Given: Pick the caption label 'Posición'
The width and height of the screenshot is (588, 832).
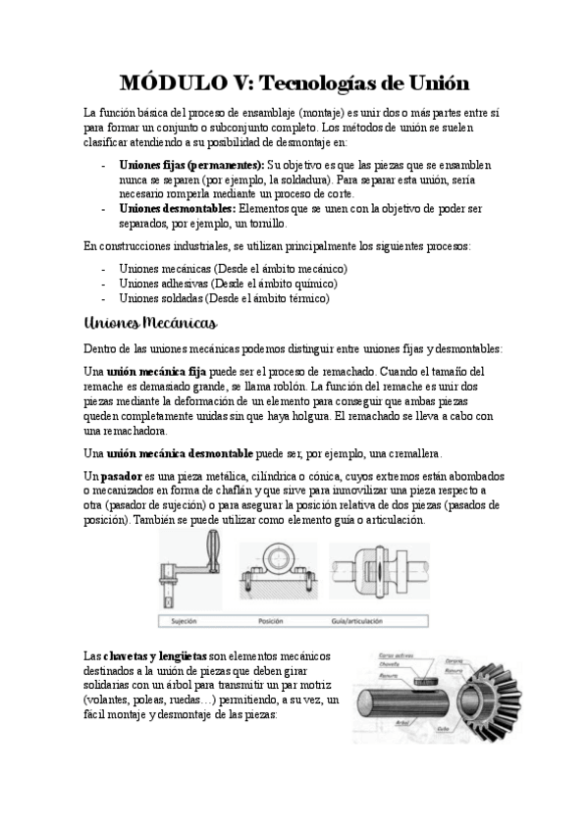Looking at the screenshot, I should pos(271,621).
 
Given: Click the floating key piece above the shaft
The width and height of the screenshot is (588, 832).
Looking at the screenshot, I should pos(424,680).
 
